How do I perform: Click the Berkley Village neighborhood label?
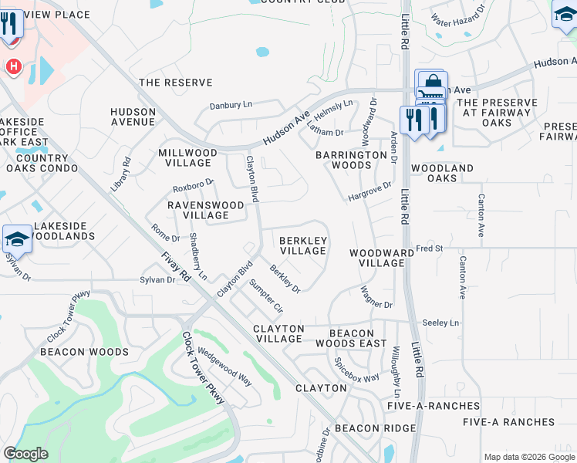tap(303, 246)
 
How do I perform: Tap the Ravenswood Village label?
tap(206, 210)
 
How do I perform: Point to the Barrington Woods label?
tap(351, 160)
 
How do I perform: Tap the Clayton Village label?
tap(279, 333)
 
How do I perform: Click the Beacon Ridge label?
tap(369, 428)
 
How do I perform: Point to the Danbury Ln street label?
tap(231, 105)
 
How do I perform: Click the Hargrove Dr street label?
tap(369, 191)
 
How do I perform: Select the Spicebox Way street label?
tap(356, 370)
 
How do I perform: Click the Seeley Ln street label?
tap(440, 323)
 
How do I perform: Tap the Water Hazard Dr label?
tap(458, 13)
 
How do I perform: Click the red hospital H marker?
tap(13, 67)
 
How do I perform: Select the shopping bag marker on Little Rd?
tap(432, 83)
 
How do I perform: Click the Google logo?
tap(25, 454)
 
